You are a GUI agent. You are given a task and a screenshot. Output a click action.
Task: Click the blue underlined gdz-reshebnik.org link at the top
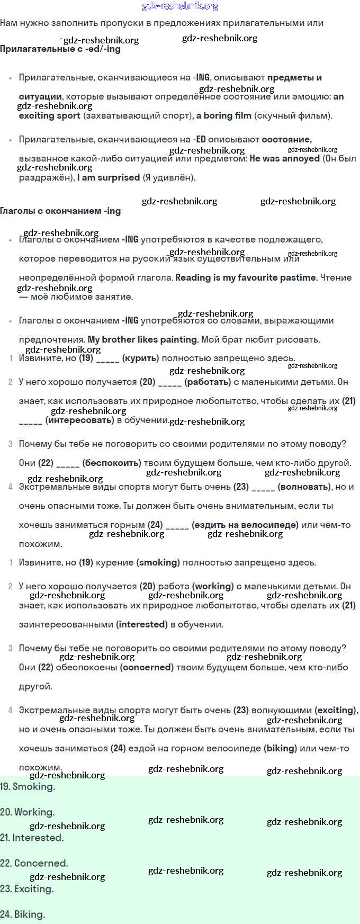pyautogui.click(x=180, y=6)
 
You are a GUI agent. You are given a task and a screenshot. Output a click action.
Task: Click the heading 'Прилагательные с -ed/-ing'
pyautogui.click(x=60, y=49)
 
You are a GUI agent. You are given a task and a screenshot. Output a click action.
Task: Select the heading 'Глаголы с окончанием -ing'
pyautogui.click(x=60, y=211)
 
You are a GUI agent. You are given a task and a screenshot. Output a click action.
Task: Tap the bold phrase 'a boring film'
pyautogui.click(x=224, y=115)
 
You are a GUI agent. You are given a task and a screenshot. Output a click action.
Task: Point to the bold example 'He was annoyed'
pyautogui.click(x=285, y=158)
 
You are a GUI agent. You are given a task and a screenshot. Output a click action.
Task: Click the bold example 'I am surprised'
pyautogui.click(x=109, y=177)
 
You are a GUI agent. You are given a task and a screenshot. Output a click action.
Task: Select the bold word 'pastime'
pyautogui.click(x=298, y=277)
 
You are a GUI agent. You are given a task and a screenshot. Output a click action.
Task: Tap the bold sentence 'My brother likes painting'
pyautogui.click(x=142, y=339)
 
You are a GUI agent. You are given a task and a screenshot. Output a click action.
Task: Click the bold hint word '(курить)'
pyautogui.click(x=140, y=358)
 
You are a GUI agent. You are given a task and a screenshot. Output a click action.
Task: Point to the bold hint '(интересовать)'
pyautogui.click(x=79, y=420)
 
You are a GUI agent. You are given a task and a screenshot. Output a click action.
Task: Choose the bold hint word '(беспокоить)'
pyautogui.click(x=112, y=463)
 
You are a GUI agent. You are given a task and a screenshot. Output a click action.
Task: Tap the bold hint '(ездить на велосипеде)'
pyautogui.click(x=245, y=525)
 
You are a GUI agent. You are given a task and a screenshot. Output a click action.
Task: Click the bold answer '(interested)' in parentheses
pyautogui.click(x=142, y=624)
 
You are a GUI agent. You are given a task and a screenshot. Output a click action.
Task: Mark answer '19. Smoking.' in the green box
pyautogui.click(x=28, y=787)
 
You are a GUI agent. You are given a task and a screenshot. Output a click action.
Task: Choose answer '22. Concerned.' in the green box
pyautogui.click(x=34, y=863)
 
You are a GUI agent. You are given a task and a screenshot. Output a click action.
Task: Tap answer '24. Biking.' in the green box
pyautogui.click(x=23, y=914)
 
